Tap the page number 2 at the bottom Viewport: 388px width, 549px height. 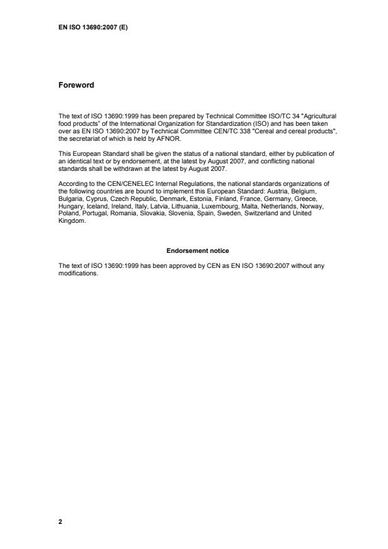[60, 521]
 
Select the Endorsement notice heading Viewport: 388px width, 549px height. [193, 250]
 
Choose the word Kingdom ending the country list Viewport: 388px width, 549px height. [71, 220]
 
